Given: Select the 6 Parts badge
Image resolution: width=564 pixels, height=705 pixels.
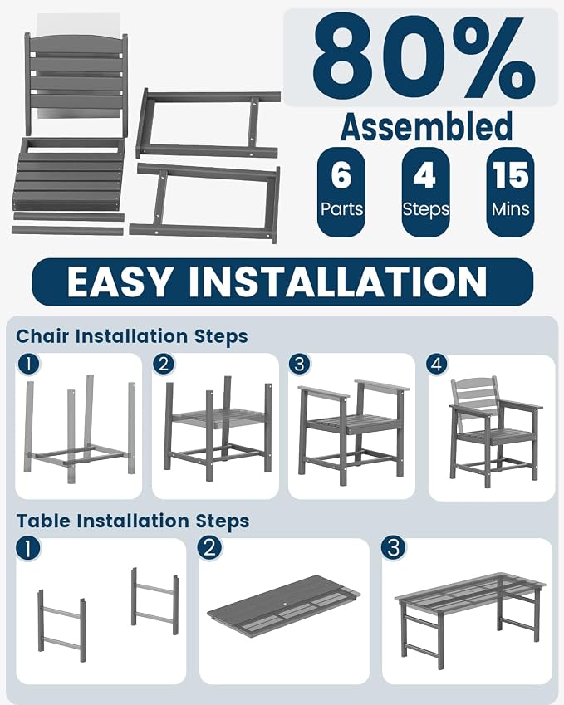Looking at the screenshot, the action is (341, 193).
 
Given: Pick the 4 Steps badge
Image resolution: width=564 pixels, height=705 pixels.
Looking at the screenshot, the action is (425, 193).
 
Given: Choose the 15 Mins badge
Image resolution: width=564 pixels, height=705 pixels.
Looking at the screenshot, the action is (511, 193).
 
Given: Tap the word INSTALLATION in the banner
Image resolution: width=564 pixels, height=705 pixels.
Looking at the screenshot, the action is (337, 282).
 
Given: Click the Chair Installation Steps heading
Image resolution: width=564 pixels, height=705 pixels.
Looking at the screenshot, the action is (132, 336).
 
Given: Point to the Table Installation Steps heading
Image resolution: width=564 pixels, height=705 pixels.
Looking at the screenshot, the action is (133, 521).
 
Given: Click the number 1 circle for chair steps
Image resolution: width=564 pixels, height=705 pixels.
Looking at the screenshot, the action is (28, 365).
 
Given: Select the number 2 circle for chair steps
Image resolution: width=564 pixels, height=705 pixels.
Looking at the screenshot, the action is (164, 364).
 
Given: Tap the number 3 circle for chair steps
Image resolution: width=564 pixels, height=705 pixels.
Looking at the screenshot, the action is (300, 364).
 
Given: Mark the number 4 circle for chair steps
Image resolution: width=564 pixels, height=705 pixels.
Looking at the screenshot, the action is (437, 365).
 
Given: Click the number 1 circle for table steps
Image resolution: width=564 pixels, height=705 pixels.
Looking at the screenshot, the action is (28, 549).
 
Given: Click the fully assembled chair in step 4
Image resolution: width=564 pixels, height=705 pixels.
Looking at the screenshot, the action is (495, 433).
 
